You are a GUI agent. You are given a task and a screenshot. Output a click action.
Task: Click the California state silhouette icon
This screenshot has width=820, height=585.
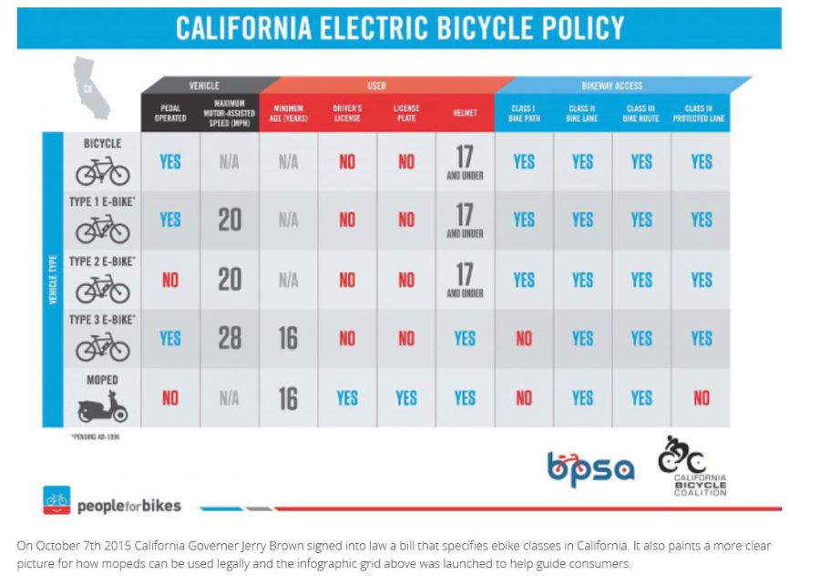click(x=93, y=87)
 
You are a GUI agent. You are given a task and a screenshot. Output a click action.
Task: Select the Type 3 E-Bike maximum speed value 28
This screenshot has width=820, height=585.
click(x=230, y=338)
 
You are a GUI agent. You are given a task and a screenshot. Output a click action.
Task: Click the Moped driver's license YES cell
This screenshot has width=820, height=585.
click(x=347, y=398)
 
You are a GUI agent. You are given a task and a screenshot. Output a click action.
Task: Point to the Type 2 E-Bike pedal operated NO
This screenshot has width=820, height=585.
click(x=170, y=280)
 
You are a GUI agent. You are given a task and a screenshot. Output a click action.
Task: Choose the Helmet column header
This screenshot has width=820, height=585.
click(x=465, y=113)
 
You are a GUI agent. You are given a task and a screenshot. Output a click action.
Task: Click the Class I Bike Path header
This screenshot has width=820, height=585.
click(x=523, y=113)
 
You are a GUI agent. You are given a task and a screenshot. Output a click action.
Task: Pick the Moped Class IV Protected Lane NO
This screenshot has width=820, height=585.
click(x=701, y=398)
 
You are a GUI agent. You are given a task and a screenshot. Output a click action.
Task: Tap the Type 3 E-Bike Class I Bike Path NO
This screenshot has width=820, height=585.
click(x=524, y=338)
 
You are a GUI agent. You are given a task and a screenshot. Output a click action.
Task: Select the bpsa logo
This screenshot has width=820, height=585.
click(x=590, y=468)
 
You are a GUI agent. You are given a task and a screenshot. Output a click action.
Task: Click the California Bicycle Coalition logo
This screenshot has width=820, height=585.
click(x=692, y=466)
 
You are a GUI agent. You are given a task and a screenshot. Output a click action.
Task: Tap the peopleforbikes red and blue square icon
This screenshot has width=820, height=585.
click(x=56, y=500)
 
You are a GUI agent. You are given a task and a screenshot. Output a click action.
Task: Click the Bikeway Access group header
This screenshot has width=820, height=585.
click(x=612, y=86)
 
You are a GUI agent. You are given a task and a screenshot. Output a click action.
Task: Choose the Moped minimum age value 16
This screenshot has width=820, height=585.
click(x=288, y=398)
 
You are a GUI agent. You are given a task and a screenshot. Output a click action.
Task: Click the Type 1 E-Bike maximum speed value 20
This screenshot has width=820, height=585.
click(x=230, y=220)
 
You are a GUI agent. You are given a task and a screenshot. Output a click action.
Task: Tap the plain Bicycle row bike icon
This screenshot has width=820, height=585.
click(x=102, y=170)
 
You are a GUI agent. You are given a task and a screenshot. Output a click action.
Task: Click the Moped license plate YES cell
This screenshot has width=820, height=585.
click(x=406, y=398)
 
